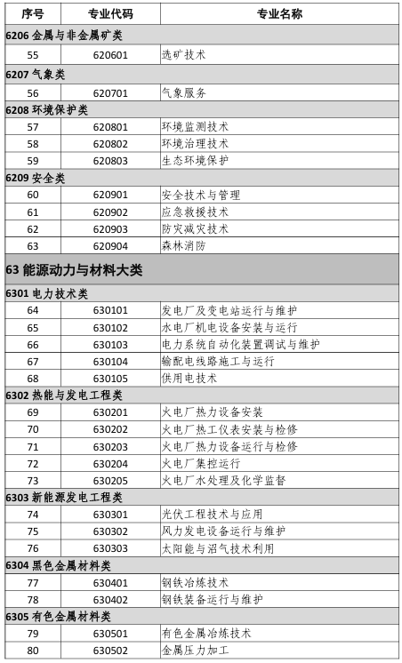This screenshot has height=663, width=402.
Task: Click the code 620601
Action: [x=110, y=54]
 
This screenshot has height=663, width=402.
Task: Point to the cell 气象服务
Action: [x=184, y=92]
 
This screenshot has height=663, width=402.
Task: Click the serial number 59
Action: [x=33, y=161]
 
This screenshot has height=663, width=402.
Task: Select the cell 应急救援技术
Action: [x=195, y=212]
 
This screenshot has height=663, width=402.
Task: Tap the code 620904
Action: [x=110, y=246]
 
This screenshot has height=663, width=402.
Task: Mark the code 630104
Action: [x=110, y=362]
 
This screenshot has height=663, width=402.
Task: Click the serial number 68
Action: [x=33, y=379]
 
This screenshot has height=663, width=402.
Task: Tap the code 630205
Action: [x=110, y=481]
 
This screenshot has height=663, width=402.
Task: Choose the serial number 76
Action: [x=33, y=548]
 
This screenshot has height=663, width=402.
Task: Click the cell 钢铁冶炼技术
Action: [x=195, y=583]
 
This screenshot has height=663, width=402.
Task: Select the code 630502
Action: [x=110, y=651]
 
